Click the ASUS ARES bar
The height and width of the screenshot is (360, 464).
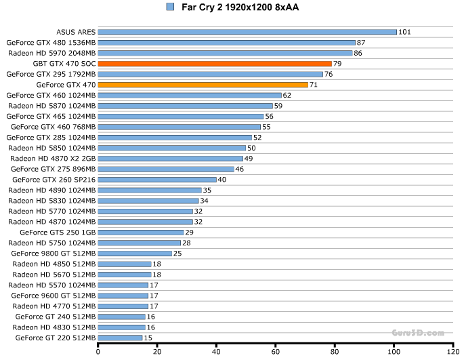pyautogui.click(x=247, y=32)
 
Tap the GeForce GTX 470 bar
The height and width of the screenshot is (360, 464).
pyautogui.click(x=203, y=85)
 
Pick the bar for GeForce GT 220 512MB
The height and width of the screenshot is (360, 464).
pyautogui.click(x=121, y=338)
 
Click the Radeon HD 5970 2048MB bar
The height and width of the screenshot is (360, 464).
pyautogui.click(x=226, y=53)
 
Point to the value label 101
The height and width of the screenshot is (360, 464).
pyautogui.click(x=405, y=32)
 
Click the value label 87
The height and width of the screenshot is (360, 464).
pyautogui.click(x=361, y=43)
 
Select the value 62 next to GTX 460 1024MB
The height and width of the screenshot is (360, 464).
pyautogui.click(x=287, y=96)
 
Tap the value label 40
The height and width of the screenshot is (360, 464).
pyautogui.click(x=222, y=180)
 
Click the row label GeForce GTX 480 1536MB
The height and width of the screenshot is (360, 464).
pyautogui.click(x=51, y=43)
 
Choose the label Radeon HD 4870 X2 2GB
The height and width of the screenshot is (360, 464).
pyautogui.click(x=53, y=159)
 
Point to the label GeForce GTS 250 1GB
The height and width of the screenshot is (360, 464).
pyautogui.click(x=58, y=233)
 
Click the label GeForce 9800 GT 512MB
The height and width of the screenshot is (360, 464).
pyautogui.click(x=54, y=254)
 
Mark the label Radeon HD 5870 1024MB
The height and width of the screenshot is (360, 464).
pyautogui.click(x=52, y=106)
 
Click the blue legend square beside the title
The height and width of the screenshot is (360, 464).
pyautogui.click(x=169, y=7)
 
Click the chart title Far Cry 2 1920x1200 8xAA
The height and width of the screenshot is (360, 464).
pyautogui.click(x=240, y=7)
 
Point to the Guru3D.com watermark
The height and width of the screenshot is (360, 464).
pyautogui.click(x=418, y=333)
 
